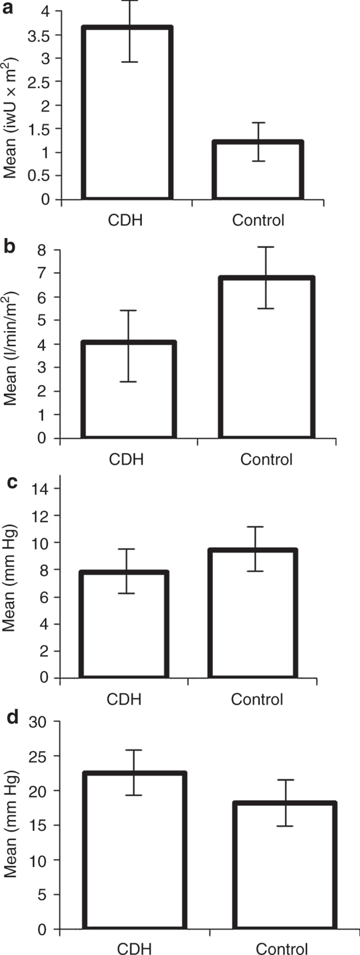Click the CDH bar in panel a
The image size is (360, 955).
click(127, 113)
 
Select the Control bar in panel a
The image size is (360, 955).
click(258, 171)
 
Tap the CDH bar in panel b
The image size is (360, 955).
click(129, 390)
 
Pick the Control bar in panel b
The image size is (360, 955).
click(267, 357)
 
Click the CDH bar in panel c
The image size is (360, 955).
click(124, 625)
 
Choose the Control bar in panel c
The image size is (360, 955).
click(253, 614)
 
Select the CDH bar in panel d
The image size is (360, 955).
click(134, 851)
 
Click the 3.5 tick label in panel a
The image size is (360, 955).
click(40, 35)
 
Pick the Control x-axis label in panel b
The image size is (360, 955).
click(266, 459)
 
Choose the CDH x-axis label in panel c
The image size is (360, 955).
click(124, 700)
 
